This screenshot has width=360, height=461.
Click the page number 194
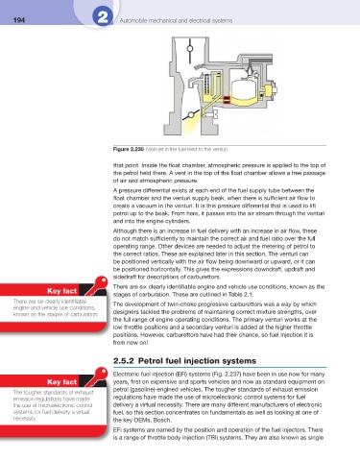coord(19,20)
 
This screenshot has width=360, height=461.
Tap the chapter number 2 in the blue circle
coord(103,17)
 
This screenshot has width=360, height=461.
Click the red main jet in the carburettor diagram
coord(227,100)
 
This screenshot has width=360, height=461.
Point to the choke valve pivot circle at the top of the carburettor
coord(190,48)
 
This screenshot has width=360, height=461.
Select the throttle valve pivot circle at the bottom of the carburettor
coord(191,114)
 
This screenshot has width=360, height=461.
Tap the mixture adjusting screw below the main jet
coord(211,113)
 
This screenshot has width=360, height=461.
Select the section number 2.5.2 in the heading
coord(123,361)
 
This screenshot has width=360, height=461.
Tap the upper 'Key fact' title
coord(61,291)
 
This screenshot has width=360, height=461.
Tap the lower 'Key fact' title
coord(61,382)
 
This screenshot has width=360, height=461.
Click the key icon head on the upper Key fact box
coord(102,282)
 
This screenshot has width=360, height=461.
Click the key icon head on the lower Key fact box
coord(102,373)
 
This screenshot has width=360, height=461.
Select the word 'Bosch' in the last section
coord(162,421)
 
